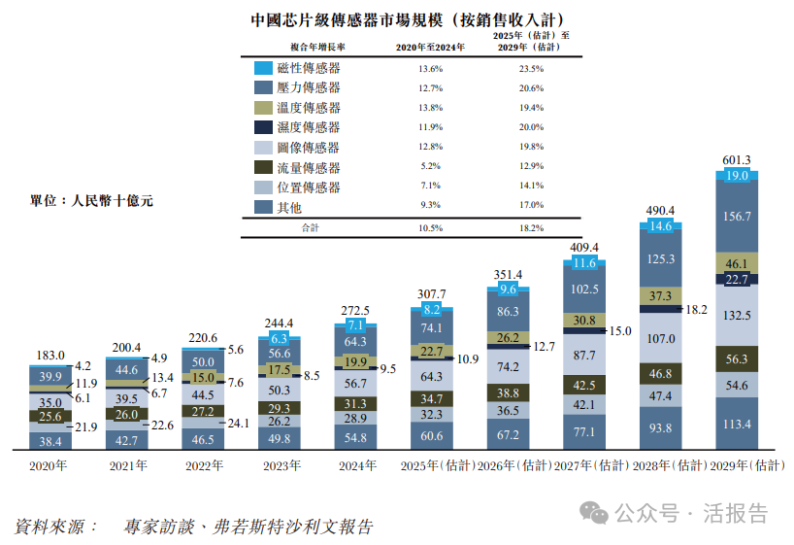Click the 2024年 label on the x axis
point(357,466)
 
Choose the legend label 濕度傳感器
point(309,127)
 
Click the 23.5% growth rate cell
point(531,69)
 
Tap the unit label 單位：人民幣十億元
point(92,201)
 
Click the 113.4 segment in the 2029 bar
point(738,424)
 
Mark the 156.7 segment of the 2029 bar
point(738,217)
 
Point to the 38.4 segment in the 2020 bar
point(50,440)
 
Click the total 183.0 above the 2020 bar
point(50,357)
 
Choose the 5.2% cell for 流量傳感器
point(430,167)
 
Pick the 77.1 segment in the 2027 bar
point(584,431)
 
